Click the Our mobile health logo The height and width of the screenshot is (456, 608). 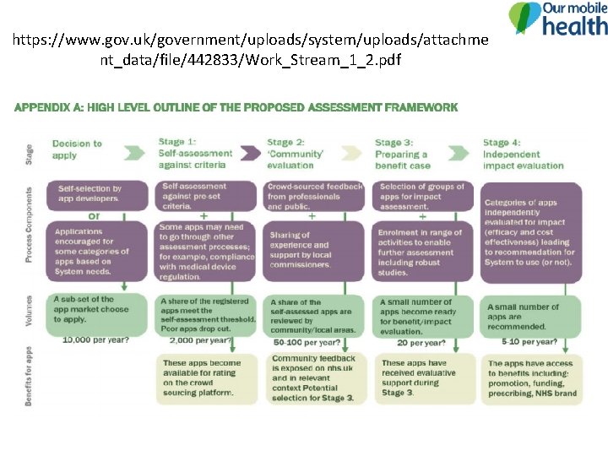[557, 19]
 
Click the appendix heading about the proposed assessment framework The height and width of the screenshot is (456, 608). [236, 107]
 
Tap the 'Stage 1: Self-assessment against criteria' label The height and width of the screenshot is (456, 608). [195, 153]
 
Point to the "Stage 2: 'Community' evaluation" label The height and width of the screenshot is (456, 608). [296, 153]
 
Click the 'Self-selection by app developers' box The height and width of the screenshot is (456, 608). [89, 194]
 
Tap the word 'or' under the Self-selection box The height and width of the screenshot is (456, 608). [95, 215]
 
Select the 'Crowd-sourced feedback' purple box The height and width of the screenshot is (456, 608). [315, 196]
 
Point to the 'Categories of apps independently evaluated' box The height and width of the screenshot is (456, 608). [530, 232]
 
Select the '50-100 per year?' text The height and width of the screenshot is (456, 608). [307, 342]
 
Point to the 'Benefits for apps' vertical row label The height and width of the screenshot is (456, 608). [28, 375]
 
